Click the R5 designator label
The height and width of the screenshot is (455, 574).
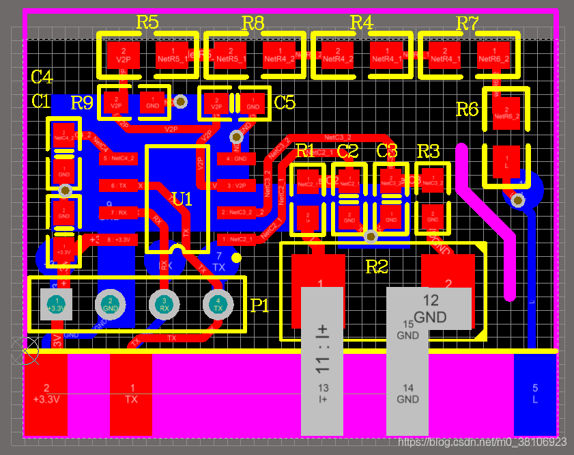(147, 22)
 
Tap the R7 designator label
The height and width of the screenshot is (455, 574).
(467, 23)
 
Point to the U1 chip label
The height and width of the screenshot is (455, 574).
(182, 199)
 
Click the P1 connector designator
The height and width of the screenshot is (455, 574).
(260, 305)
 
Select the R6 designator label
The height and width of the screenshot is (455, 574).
(467, 109)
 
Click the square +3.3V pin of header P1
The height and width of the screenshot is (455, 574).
(57, 304)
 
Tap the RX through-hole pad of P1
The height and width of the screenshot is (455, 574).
(164, 304)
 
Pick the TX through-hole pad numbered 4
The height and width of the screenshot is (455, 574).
(217, 303)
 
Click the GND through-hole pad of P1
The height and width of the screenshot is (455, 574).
(110, 304)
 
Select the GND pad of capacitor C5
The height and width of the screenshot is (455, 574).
(253, 103)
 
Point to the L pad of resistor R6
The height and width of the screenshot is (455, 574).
(506, 162)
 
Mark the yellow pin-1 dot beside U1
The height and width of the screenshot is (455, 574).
(236, 258)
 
